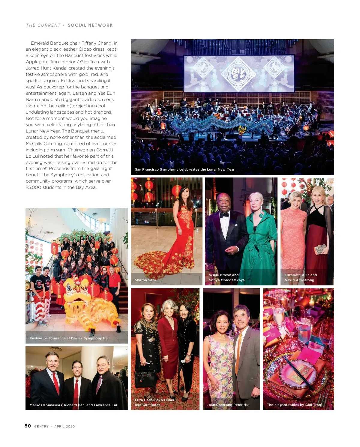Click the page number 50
pos(28,426)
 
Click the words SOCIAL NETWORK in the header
pos(90,25)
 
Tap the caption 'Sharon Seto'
pos(145,280)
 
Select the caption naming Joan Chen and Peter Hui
pos(228,405)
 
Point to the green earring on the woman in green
pos(261,215)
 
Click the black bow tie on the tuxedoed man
pos(224,215)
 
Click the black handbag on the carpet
pos(145,377)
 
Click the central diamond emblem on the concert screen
pos(232,73)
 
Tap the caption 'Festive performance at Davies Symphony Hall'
pos(70,338)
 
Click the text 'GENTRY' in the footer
pos(41,426)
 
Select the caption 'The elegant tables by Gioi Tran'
pos(294,405)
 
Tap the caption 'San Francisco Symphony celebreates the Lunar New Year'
pos(184,169)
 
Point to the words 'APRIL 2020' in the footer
pos(64,426)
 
